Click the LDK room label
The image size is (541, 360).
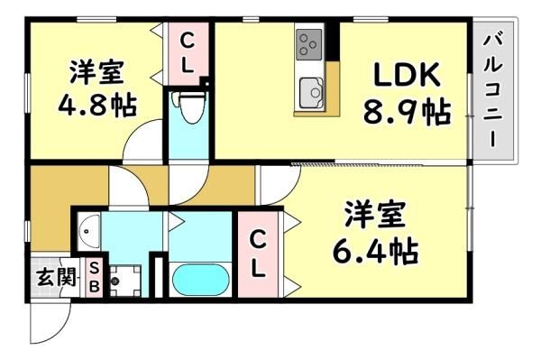tap(408, 75)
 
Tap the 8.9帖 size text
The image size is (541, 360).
tap(408, 112)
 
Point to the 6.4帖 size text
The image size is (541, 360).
tap(375, 251)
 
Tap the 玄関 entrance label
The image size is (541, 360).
tap(57, 277)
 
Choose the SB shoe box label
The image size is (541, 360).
tap(95, 277)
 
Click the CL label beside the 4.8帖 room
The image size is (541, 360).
tap(187, 52)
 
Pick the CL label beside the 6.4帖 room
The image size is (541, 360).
tap(258, 254)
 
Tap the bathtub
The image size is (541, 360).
tap(200, 280)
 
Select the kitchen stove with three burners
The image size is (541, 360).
tap(308, 45)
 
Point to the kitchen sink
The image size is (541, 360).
tap(311, 93)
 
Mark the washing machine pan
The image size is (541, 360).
tap(125, 281)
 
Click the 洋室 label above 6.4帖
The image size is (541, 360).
tap(375, 214)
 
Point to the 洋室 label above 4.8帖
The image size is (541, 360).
tap(97, 71)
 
